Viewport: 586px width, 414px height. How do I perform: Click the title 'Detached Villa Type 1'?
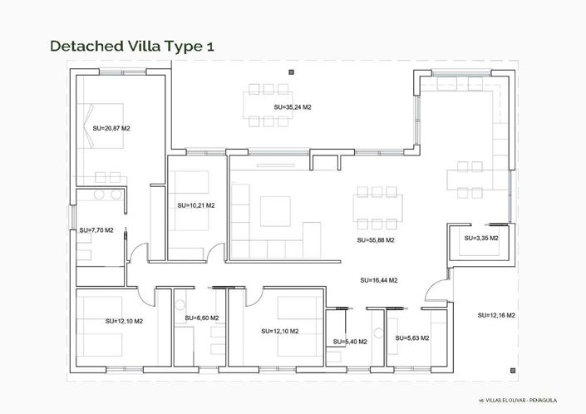(132, 45)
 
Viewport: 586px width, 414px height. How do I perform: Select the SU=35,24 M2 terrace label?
(292, 108)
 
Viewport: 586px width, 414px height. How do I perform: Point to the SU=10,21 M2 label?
(195, 205)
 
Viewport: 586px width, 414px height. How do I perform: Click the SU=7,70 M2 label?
(96, 230)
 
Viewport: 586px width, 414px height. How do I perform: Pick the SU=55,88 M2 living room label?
(375, 239)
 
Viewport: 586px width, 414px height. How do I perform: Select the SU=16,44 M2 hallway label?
(378, 280)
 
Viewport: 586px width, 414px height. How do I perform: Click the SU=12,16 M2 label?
(496, 315)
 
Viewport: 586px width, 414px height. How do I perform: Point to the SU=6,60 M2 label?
(201, 318)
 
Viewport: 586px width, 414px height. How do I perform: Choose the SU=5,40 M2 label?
(348, 342)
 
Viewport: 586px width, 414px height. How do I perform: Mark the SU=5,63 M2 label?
(411, 338)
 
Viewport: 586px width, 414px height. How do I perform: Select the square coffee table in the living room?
(275, 210)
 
